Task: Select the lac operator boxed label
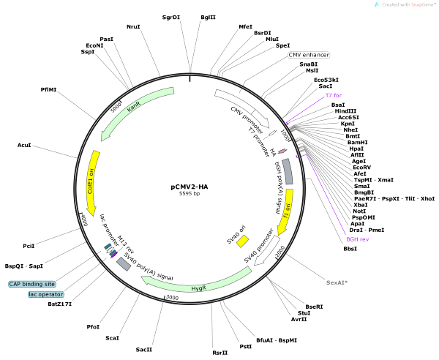click(x=47, y=294)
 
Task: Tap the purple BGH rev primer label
click(x=357, y=239)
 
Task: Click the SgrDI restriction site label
click(x=171, y=16)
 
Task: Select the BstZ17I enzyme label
click(x=60, y=304)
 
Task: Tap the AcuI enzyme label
click(x=24, y=146)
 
